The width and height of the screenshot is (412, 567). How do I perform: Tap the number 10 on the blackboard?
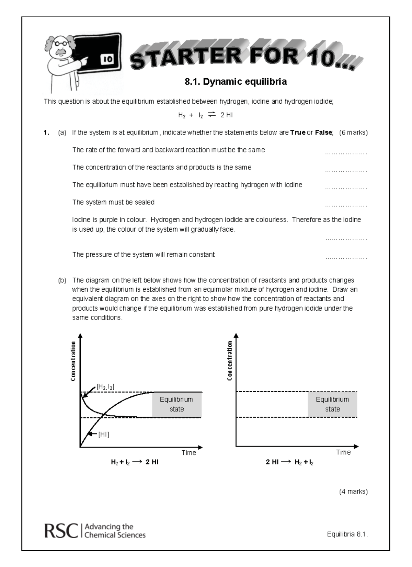[107, 59]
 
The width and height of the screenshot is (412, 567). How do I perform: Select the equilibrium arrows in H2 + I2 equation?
[212, 115]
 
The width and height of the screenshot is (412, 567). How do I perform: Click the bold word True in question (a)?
[298, 132]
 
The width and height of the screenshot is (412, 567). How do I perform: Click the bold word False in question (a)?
[323, 132]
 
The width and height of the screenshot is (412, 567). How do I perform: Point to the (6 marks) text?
[353, 132]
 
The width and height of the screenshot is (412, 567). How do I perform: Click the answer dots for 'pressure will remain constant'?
[346, 258]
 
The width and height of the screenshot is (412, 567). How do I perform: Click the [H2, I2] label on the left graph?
[105, 387]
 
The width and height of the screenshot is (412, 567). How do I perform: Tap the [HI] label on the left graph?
[104, 435]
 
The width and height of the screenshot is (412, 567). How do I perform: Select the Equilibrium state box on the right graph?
[332, 404]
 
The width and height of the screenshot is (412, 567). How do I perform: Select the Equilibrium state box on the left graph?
[176, 404]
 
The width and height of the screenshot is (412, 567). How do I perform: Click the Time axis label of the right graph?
[343, 452]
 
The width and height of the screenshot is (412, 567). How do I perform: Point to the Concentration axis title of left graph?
[73, 361]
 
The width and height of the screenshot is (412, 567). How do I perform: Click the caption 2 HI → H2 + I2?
[289, 462]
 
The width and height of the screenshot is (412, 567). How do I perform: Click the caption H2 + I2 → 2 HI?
[135, 462]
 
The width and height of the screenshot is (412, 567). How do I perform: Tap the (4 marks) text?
[353, 491]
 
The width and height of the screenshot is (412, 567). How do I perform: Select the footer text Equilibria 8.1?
[347, 534]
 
